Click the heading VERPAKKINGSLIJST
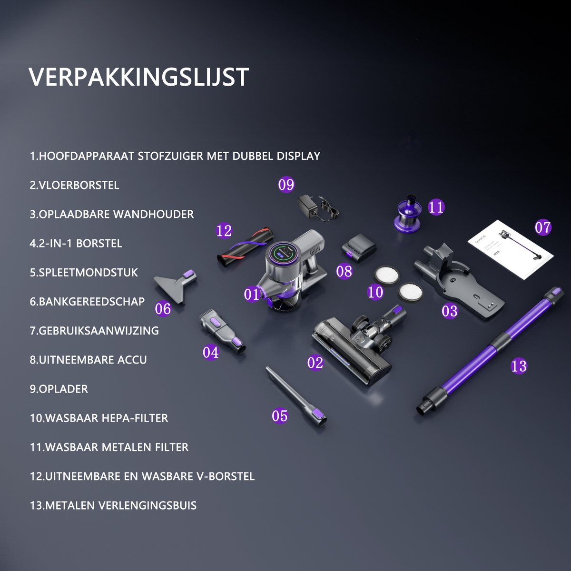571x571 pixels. (138, 77)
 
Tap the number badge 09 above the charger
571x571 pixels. (286, 185)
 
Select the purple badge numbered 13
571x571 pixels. (519, 366)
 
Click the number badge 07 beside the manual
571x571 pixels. (543, 227)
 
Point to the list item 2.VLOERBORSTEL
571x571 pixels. (74, 185)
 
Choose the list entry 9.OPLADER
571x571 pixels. (59, 389)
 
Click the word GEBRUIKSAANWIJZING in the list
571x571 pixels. (98, 331)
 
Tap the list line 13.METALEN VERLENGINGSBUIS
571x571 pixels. (113, 505)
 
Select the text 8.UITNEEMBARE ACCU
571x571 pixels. (89, 360)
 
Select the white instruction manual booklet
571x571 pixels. (510, 249)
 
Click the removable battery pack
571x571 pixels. (359, 248)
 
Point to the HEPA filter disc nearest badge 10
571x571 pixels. (386, 275)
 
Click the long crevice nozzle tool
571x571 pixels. (296, 394)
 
